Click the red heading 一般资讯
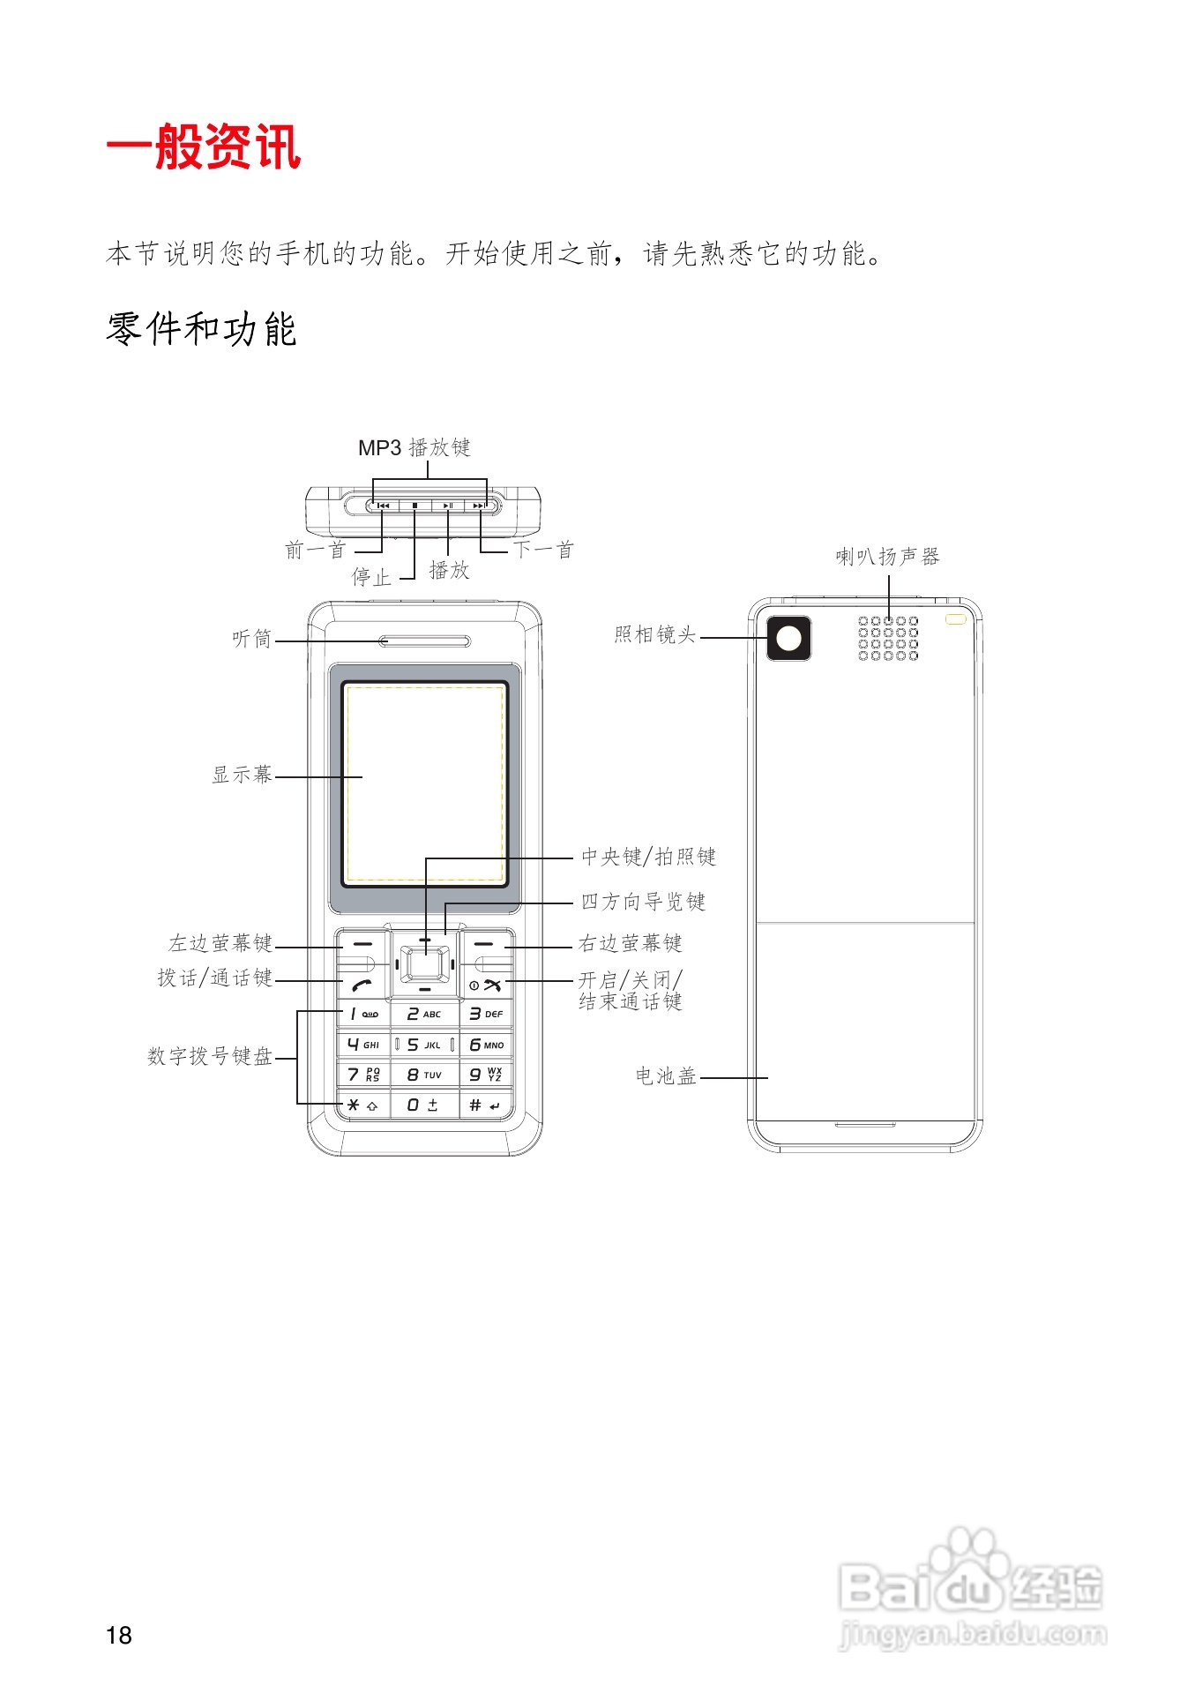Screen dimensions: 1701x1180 click(x=204, y=146)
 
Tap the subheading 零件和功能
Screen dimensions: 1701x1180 click(x=201, y=329)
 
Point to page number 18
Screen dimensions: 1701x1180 click(x=118, y=1635)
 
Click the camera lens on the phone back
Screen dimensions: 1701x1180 click(x=788, y=638)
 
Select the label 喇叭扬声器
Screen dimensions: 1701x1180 click(x=887, y=557)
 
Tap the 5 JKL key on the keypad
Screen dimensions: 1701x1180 click(x=424, y=1045)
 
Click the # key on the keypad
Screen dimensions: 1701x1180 click(x=484, y=1105)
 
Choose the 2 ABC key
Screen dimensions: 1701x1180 click(x=424, y=1015)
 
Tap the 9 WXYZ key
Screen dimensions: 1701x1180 click(x=485, y=1075)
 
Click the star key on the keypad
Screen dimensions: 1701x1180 click(x=362, y=1105)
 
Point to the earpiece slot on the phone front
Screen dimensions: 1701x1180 click(x=424, y=641)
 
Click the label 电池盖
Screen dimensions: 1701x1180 click(x=666, y=1076)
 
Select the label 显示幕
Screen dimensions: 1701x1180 click(x=242, y=775)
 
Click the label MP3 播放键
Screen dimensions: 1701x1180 click(x=414, y=448)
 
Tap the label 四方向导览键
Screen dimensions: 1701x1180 click(x=643, y=902)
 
